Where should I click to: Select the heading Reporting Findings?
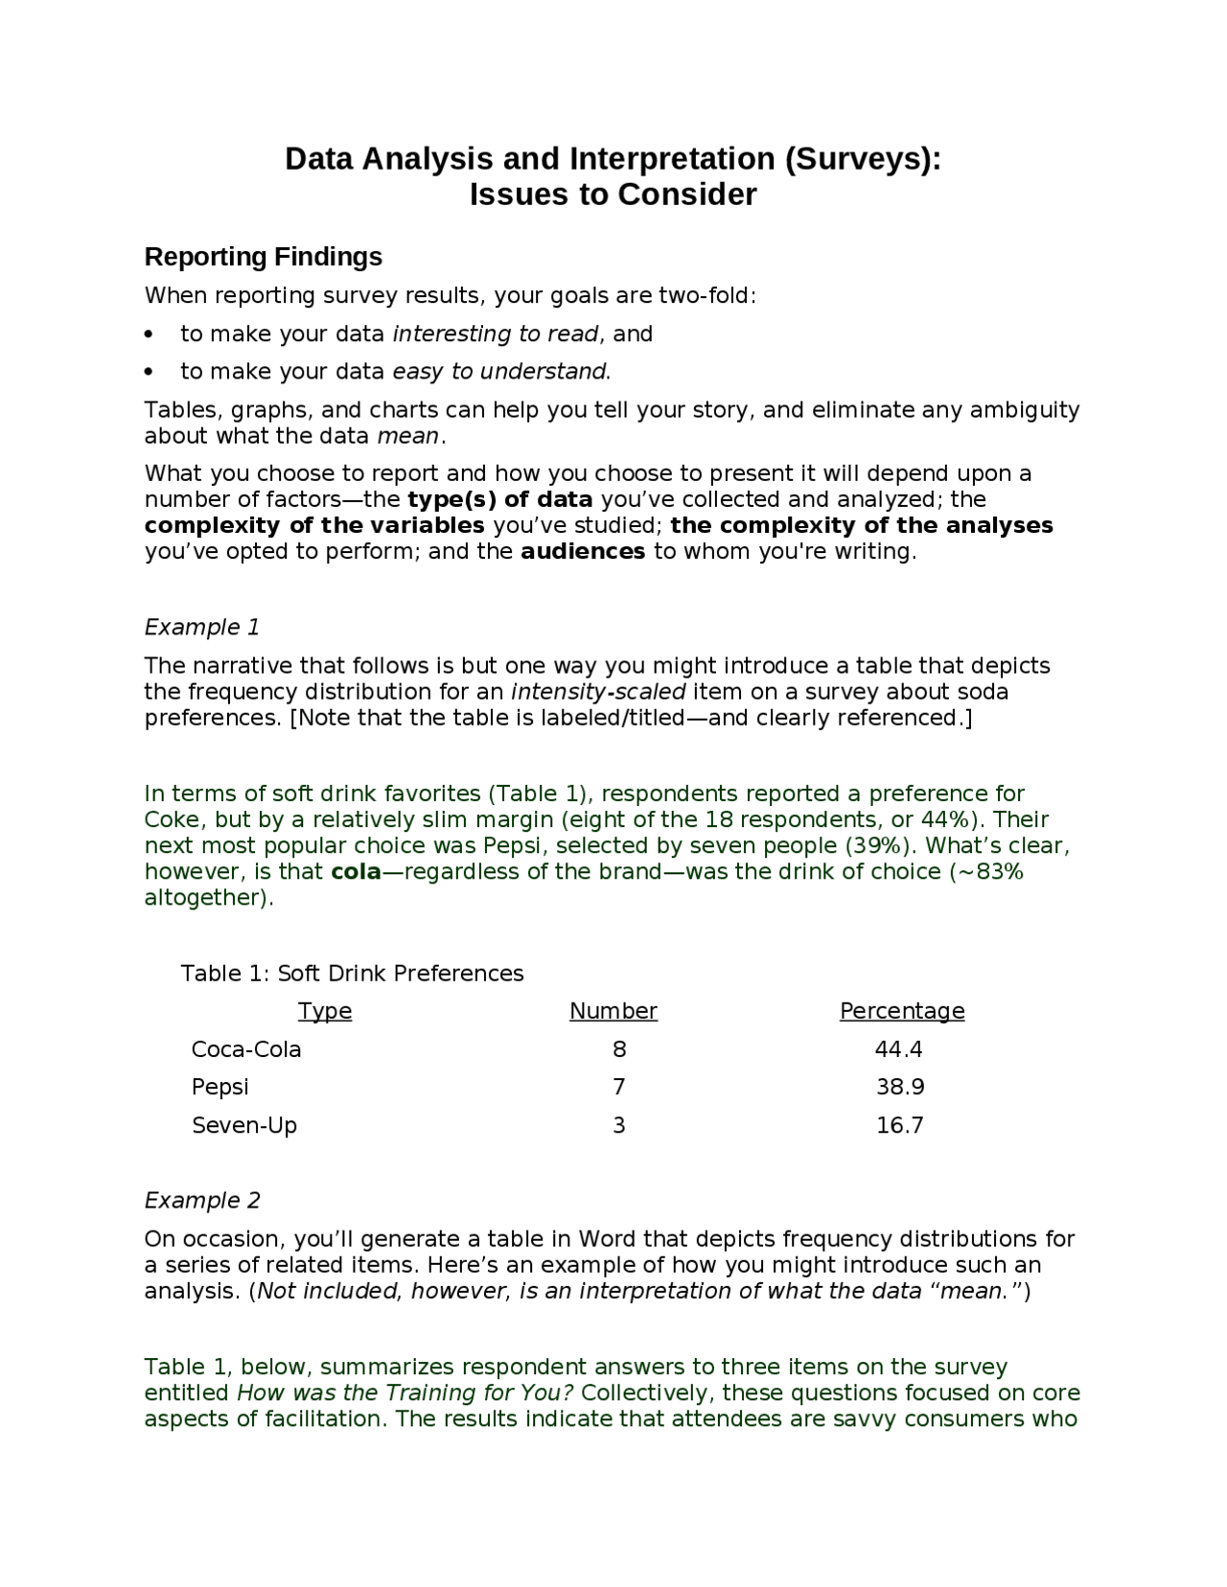[x=263, y=257]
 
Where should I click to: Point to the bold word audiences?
[x=583, y=551]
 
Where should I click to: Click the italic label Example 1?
[x=202, y=627]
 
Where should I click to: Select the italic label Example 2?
[x=202, y=1200]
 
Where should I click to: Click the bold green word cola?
[x=356, y=871]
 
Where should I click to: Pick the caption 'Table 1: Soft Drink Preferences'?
[x=352, y=973]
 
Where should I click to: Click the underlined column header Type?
[x=325, y=1011]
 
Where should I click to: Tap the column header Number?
[x=613, y=1011]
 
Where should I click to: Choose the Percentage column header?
[x=901, y=1011]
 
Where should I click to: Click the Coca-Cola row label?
[x=246, y=1049]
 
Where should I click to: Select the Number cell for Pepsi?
[x=618, y=1087]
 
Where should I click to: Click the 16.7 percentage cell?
[x=899, y=1125]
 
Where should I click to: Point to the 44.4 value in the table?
[x=898, y=1049]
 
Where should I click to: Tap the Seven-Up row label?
[x=244, y=1125]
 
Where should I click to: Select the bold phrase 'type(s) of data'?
[x=499, y=499]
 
